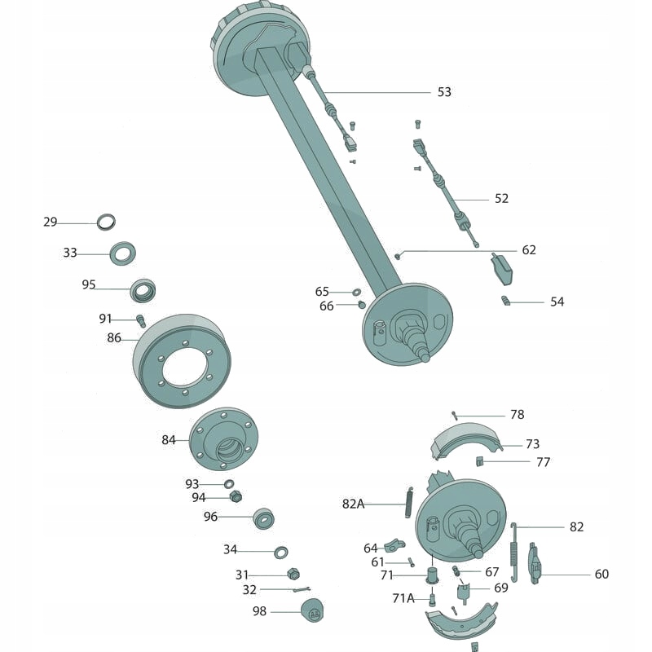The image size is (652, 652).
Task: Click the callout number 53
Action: (444, 92)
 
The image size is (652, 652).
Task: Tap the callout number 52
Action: (501, 198)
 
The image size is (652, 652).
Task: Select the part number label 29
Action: (51, 222)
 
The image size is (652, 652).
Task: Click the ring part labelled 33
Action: (123, 253)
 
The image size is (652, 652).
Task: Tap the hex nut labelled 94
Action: (236, 496)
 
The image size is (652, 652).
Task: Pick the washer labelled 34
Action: (280, 552)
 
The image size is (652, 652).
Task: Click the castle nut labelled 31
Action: (293, 575)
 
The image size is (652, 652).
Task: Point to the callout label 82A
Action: (354, 504)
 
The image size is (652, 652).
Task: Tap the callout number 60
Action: (601, 574)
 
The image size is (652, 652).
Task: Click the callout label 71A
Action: (403, 597)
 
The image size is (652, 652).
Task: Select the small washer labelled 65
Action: (357, 291)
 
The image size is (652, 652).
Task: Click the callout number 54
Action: (557, 302)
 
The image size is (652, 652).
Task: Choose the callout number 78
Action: (518, 415)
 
